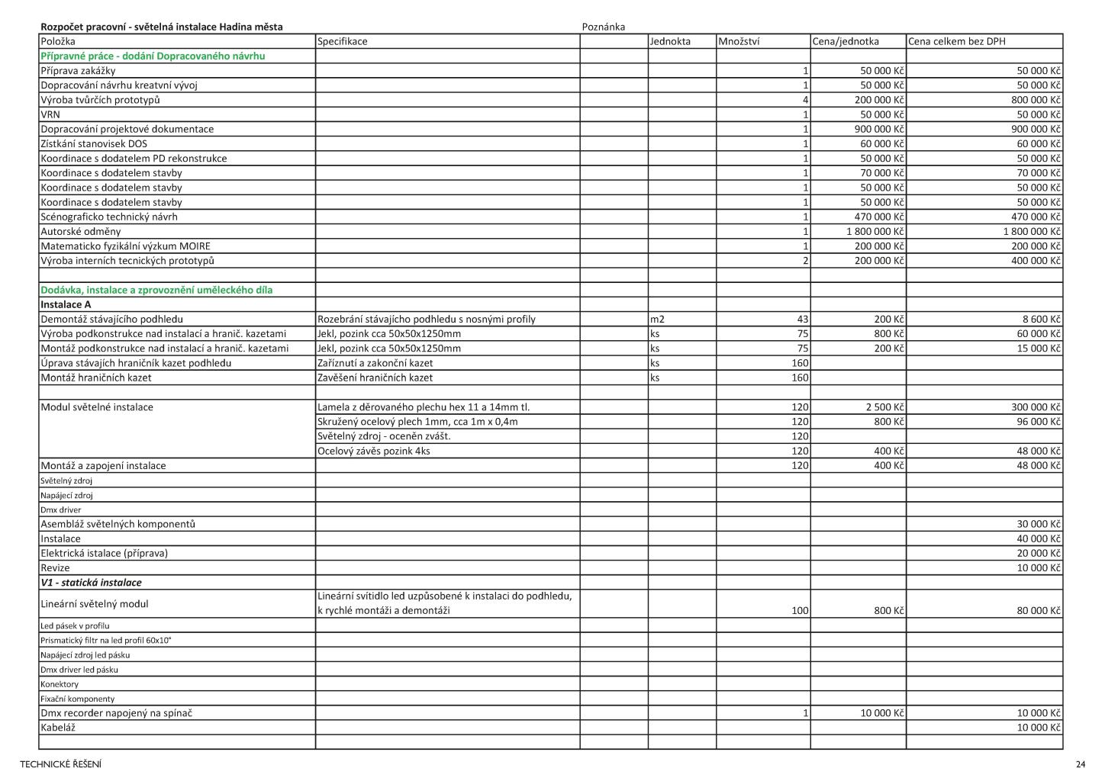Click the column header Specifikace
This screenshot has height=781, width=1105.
(x=342, y=41)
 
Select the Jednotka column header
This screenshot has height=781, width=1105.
(x=670, y=41)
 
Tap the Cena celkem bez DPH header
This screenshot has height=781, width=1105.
(x=957, y=41)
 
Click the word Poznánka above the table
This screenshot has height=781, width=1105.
(x=603, y=27)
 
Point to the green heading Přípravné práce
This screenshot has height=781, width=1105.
(x=153, y=56)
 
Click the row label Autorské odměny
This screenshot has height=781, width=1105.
(x=80, y=231)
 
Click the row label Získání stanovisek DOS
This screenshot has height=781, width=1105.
(x=94, y=143)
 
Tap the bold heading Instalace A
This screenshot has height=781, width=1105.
(x=66, y=304)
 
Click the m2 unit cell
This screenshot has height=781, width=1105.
(x=657, y=319)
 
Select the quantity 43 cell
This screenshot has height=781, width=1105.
(x=802, y=319)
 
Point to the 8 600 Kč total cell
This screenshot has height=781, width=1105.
(x=1040, y=319)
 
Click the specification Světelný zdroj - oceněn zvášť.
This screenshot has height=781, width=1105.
(x=383, y=436)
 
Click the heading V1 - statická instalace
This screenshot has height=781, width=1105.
(x=91, y=583)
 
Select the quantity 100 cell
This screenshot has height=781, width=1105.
(x=800, y=611)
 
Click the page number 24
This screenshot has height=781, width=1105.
(x=1080, y=764)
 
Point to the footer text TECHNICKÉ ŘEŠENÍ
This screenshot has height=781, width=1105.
(x=60, y=764)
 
